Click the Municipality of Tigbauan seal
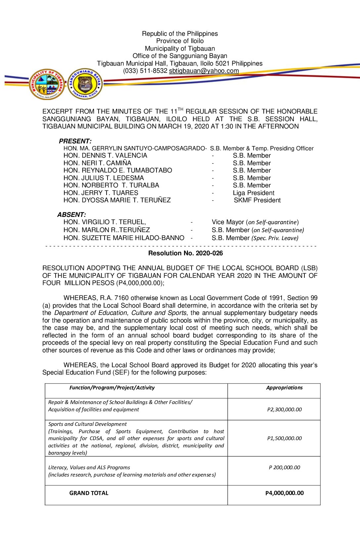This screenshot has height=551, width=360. (47, 84)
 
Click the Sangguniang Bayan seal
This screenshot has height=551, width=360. (85, 84)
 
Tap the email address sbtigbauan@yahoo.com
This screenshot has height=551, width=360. (204, 71)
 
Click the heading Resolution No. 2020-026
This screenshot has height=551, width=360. (185, 253)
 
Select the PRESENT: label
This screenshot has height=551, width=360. (75, 141)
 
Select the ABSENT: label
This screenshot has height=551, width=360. (71, 215)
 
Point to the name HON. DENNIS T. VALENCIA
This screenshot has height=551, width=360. (105, 156)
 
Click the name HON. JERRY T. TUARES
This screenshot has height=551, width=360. (101, 193)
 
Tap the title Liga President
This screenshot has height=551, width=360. (253, 193)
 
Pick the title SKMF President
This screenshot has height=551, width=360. (257, 200)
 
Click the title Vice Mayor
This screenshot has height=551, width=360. (228, 222)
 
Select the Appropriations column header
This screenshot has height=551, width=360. (284, 388)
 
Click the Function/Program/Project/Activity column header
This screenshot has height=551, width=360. (112, 388)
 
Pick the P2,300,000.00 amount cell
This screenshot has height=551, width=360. (284, 410)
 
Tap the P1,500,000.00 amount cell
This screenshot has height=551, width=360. (284, 438)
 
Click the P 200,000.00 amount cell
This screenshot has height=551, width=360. (284, 468)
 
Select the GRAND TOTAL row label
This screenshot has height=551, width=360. (89, 493)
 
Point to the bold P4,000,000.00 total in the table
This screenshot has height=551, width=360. (284, 493)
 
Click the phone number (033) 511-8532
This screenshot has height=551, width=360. (145, 71)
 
